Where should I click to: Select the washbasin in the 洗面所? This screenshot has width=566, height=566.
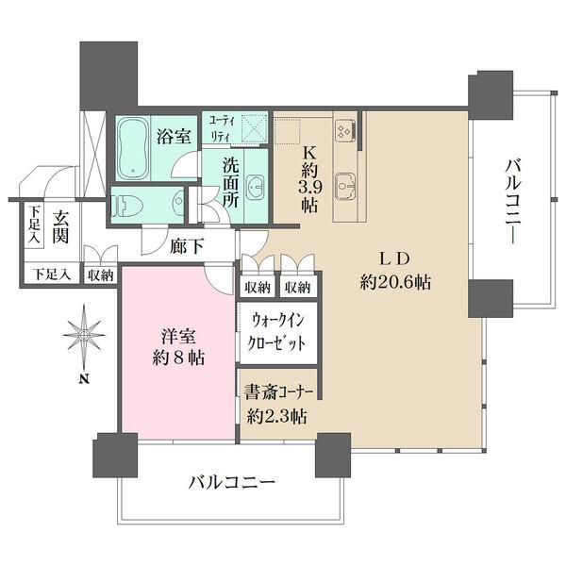coord(253,184)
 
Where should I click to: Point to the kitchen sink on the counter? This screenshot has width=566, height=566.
coord(346,183)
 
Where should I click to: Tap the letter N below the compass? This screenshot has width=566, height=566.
coord(83,379)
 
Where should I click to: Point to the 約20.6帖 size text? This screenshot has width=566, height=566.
coord(395,282)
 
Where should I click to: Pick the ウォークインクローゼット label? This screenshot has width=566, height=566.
coord(277,334)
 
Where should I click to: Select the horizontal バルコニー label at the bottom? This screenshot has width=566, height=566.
coord(231,482)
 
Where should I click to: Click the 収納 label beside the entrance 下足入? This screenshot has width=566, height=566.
coord(100,275)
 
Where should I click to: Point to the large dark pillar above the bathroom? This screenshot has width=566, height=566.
coord(109,75)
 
